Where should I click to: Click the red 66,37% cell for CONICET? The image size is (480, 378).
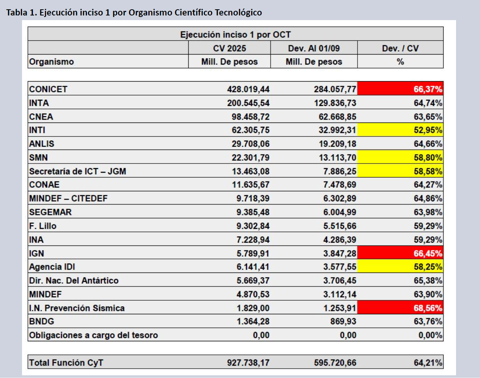400,89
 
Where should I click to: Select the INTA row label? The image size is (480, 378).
39,103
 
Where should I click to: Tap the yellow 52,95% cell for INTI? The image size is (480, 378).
400,130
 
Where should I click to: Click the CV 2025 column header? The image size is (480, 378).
230,48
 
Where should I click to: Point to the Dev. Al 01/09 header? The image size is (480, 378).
314,48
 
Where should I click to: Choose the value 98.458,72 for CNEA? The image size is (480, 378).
250,117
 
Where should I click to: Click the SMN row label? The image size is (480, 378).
39,158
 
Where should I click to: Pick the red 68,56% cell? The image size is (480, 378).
400,308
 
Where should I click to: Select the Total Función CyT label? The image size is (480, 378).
66,363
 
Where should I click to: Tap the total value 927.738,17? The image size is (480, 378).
248,363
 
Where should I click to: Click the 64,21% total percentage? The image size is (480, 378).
428,363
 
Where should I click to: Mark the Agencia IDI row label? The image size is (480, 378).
52,267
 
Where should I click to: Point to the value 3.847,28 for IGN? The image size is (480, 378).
340,254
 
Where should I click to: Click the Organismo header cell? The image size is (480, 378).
51,62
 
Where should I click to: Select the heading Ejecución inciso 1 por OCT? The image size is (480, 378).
235,34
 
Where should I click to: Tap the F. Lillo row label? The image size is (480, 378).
43,226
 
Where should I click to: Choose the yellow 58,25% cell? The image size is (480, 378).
400,267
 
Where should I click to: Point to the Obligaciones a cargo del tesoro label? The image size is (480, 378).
94,335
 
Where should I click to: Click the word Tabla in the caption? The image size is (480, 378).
17,12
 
